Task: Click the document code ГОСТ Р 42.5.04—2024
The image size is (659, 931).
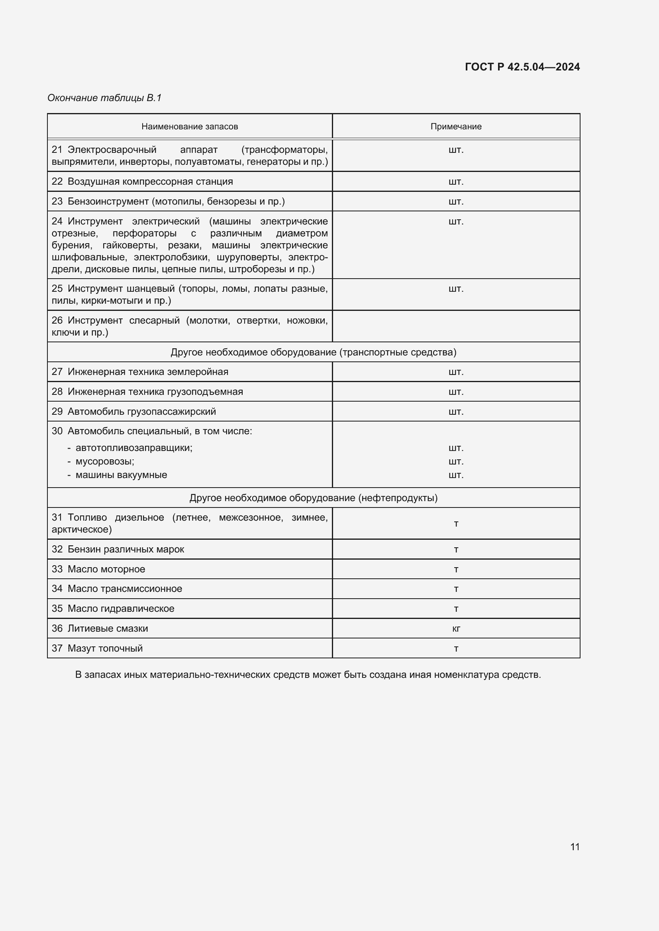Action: pyautogui.click(x=522, y=67)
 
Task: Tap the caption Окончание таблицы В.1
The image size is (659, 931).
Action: pyautogui.click(x=104, y=98)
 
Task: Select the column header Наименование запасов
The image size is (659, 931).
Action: pyautogui.click(x=190, y=127)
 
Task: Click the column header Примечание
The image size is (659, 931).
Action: pyautogui.click(x=456, y=127)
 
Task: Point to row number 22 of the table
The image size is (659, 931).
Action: pyautogui.click(x=57, y=182)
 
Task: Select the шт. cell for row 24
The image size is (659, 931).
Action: pyautogui.click(x=456, y=221)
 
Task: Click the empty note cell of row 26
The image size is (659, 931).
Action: pyautogui.click(x=456, y=326)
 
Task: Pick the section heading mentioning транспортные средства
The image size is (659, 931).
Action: pyautogui.click(x=313, y=352)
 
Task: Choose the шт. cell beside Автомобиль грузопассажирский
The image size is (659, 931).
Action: pyautogui.click(x=456, y=412)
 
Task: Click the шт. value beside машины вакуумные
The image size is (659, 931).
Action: pyautogui.click(x=456, y=475)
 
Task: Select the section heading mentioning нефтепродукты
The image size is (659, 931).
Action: pyautogui.click(x=313, y=498)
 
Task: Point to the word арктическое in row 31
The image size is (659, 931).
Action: pyautogui.click(x=81, y=529)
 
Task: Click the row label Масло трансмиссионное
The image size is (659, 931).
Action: pyautogui.click(x=124, y=589)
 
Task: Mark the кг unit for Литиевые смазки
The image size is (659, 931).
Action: pyautogui.click(x=456, y=628)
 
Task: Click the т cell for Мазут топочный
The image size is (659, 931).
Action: pyautogui.click(x=456, y=648)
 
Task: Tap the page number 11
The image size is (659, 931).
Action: pyautogui.click(x=575, y=847)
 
